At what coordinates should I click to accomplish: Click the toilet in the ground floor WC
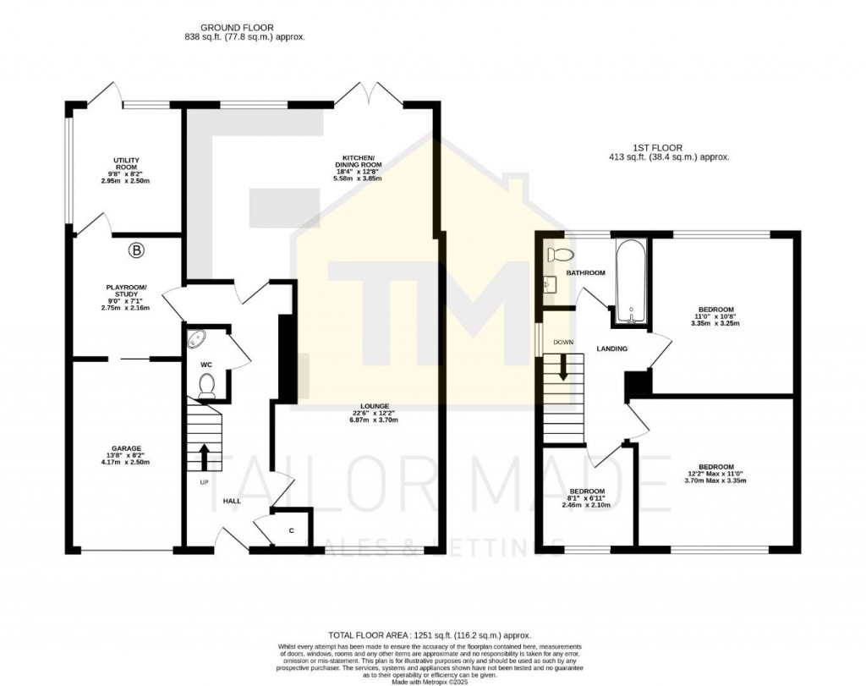205,387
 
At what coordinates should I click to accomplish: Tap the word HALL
233,501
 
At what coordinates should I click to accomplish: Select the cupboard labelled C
291,530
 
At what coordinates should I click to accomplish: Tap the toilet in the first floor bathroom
561,255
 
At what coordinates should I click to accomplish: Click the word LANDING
611,348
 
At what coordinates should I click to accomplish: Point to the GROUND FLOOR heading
244,32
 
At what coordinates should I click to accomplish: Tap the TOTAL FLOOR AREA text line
429,634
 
